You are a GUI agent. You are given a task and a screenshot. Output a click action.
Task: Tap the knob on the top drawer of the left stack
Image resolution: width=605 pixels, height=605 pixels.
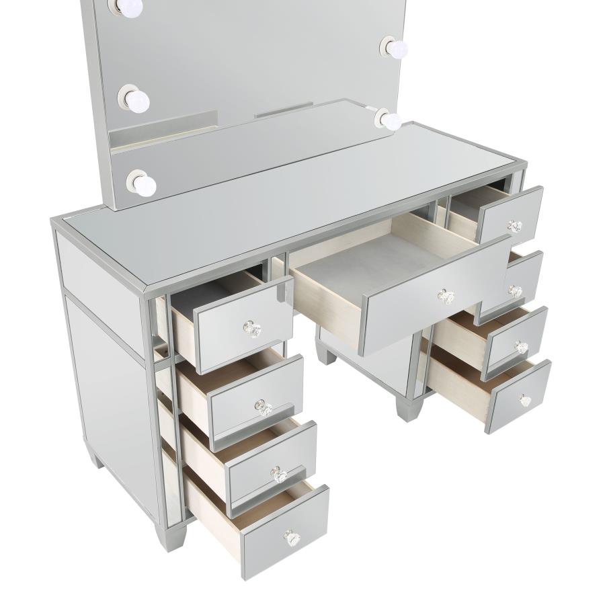tap(251, 329)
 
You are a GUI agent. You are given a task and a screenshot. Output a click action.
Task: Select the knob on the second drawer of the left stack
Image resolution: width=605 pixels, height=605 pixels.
tap(263, 407)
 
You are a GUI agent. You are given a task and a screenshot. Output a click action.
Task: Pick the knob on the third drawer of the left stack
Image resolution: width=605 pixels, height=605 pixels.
tap(278, 475)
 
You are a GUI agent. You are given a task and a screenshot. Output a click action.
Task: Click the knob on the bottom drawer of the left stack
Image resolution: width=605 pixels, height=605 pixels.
tap(291, 537)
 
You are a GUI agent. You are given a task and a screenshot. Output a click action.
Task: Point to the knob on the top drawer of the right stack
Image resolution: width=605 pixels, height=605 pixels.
tap(515, 226)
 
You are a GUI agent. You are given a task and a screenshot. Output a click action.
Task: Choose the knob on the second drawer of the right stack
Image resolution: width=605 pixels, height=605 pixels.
tap(516, 291)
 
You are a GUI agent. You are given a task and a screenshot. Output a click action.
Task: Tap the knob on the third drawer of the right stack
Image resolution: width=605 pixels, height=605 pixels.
tap(521, 347)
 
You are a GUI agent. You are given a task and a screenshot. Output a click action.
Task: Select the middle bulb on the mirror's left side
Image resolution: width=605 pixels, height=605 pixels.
tap(138, 101)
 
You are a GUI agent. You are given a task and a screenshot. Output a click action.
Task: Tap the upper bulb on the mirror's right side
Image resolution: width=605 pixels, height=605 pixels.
tap(397, 47)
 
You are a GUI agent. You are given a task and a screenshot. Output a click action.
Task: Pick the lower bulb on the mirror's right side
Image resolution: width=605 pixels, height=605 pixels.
tap(390, 121)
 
